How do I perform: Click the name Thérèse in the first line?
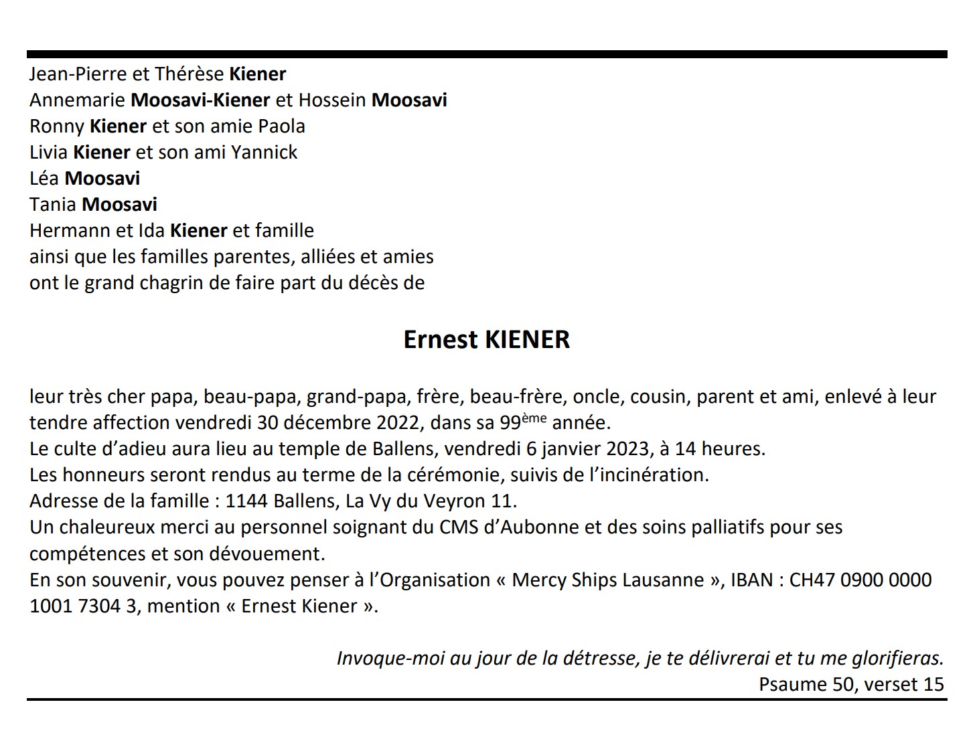(190, 74)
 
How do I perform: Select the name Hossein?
(332, 100)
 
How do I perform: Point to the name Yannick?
(264, 152)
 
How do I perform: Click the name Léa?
(44, 178)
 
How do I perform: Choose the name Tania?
(53, 204)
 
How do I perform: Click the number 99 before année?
(511, 423)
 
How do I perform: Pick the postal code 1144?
(246, 501)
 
